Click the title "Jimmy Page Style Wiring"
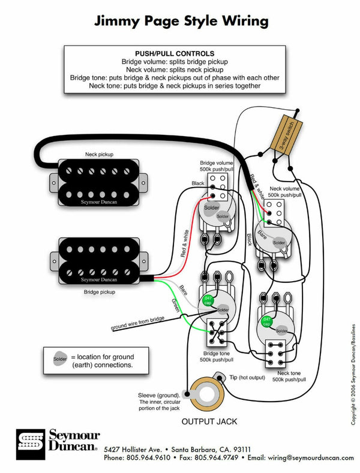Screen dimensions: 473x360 [x=180, y=21]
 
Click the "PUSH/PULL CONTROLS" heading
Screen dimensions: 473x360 [x=175, y=54]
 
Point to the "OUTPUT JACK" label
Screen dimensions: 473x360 [x=209, y=421]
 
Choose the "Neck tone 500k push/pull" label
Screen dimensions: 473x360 [x=287, y=376]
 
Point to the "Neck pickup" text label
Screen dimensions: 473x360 [x=98, y=154]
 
